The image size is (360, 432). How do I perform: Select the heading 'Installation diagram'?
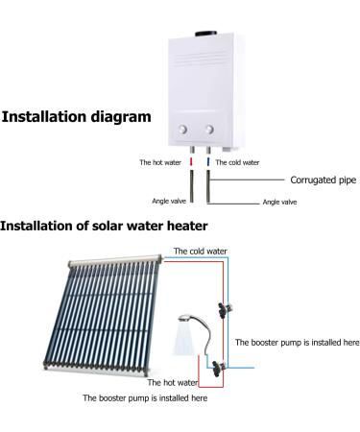pyautogui.click(x=77, y=117)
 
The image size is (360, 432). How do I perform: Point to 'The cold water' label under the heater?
pyautogui.click(x=235, y=162)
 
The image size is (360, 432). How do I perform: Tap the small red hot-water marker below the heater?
pyautogui.click(x=191, y=162)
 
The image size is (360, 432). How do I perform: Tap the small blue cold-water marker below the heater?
pyautogui.click(x=208, y=162)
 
